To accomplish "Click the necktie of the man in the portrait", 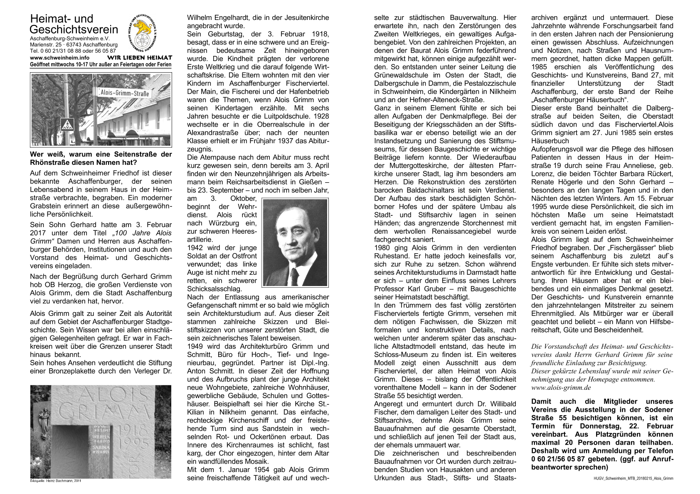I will point(294,276).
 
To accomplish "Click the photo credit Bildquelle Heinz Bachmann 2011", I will point(57,481).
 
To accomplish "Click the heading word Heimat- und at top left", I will point(62,19).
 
